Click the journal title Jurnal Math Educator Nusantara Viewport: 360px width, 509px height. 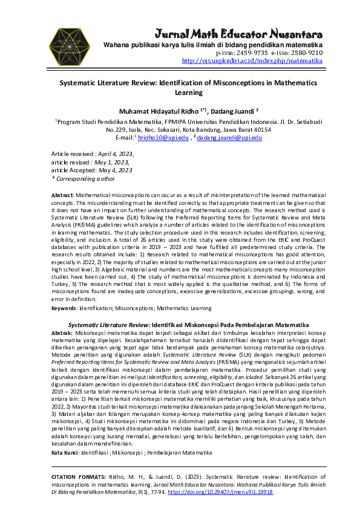click(x=239, y=33)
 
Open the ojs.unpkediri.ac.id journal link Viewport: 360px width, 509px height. click(x=252, y=61)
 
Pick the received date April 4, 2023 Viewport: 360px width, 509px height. click(x=116, y=154)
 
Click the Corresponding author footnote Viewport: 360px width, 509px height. click(x=83, y=178)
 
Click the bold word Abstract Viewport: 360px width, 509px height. click(x=62, y=196)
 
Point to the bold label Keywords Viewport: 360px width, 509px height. click(x=64, y=308)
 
